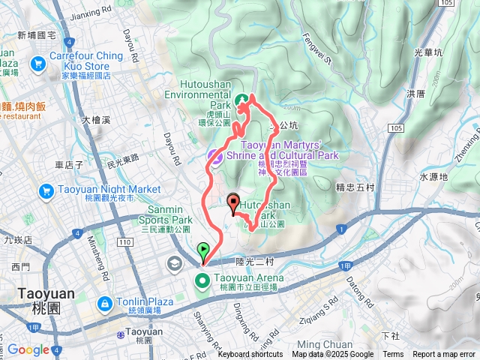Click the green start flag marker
203,250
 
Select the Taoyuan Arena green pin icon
202,281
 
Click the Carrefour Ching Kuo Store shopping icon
37,65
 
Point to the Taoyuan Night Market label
94,190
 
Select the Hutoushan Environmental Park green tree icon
242,100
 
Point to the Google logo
28,349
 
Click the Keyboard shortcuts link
250,355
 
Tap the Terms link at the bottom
393,355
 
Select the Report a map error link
444,355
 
